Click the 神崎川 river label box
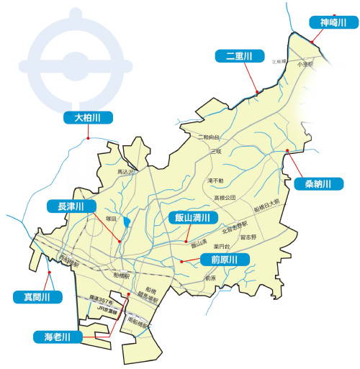(x=333, y=23)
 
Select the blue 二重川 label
(x=240, y=55)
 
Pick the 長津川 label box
(x=71, y=207)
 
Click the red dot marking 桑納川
(x=287, y=150)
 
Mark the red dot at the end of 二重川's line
(x=257, y=91)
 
